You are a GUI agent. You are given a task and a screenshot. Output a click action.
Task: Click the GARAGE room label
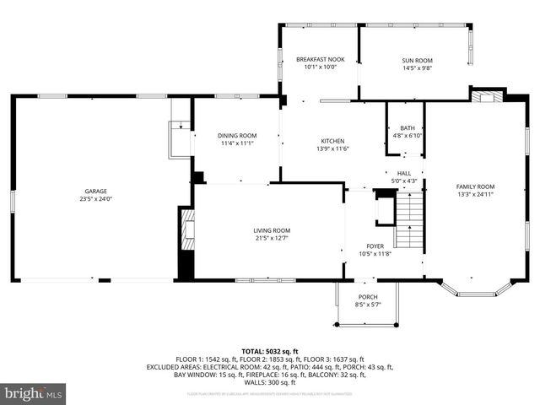coord(94,192)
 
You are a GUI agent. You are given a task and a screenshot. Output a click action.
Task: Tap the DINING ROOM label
coord(237,136)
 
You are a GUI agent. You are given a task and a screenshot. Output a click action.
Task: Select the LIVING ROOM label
coord(272,230)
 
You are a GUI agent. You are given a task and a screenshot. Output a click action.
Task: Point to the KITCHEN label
coord(332,141)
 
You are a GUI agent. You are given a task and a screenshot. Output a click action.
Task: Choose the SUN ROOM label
coord(415,60)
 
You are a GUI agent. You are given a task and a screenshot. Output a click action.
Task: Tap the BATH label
coord(407,128)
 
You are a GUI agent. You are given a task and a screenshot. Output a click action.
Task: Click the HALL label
coord(404,173)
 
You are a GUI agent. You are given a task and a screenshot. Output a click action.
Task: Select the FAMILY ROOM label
coord(475,186)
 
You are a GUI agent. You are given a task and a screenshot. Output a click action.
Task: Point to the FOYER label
coord(375,246)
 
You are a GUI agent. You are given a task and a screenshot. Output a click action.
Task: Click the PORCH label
coord(368,296)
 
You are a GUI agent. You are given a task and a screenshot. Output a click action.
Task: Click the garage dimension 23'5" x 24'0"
coord(94,199)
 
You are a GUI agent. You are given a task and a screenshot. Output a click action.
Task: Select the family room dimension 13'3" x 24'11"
coord(475,194)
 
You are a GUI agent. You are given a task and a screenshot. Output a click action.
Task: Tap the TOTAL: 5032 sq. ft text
coord(270,351)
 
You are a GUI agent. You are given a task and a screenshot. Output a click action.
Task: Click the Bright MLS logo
coord(34,393)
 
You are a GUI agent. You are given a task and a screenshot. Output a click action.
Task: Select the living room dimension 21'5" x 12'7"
coord(272,238)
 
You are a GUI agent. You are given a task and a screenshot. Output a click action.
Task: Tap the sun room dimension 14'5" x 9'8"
coord(415,67)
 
